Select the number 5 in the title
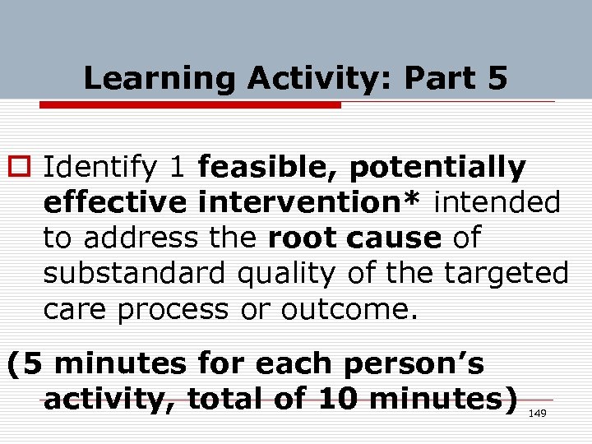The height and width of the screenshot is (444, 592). (497, 79)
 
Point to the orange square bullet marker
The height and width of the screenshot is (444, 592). (19, 168)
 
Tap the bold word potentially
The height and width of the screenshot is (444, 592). (437, 168)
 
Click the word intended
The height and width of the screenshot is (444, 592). (497, 202)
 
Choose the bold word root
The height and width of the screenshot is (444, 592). (303, 238)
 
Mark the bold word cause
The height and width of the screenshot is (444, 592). (394, 238)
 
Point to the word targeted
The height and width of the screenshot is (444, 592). (503, 273)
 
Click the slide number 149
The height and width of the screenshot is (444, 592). (537, 413)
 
